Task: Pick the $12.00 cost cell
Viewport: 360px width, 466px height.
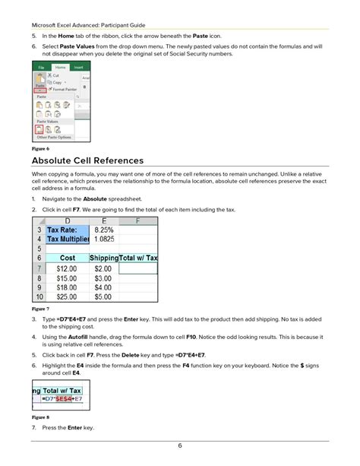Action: click(x=67, y=268)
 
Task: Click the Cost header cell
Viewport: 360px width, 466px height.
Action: click(x=67, y=258)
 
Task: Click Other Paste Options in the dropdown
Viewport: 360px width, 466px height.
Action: click(x=54, y=138)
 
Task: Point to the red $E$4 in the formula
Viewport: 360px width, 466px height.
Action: click(x=65, y=401)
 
